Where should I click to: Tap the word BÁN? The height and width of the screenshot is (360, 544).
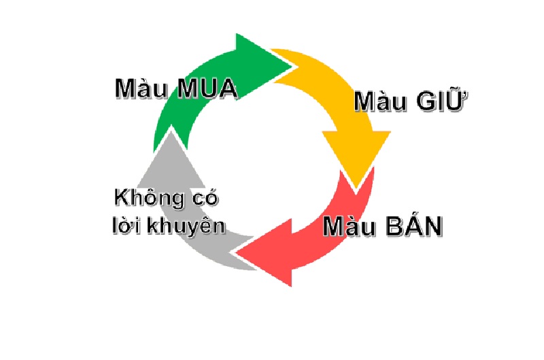tap(412, 225)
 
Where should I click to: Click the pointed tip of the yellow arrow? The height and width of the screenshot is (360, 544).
tap(356, 191)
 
